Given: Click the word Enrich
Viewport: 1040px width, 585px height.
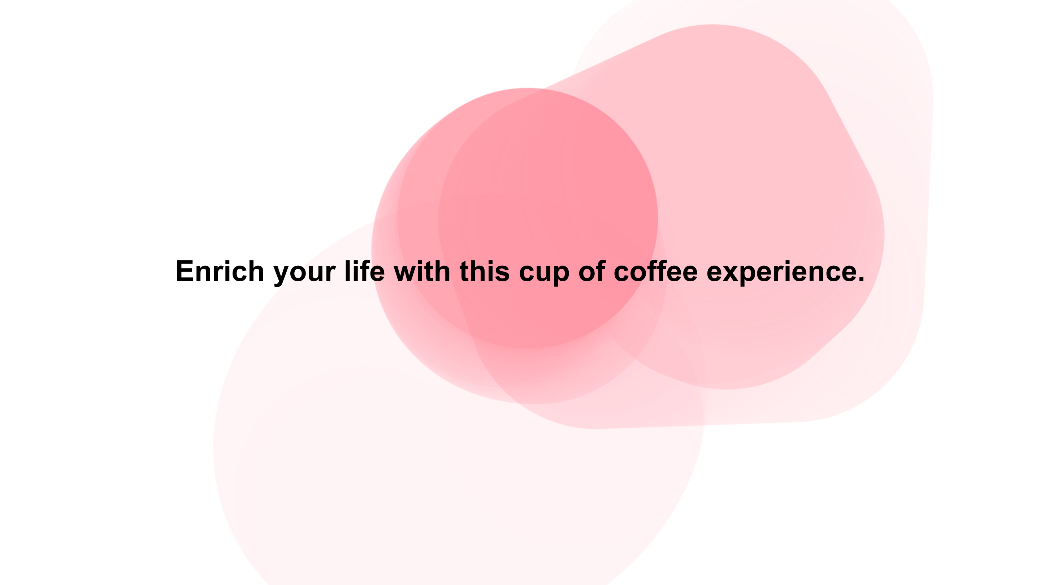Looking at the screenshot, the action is (220, 271).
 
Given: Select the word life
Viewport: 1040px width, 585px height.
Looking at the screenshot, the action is (365, 271).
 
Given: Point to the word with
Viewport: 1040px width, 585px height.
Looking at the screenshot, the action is (422, 271).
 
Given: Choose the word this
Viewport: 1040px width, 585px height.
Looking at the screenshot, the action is (485, 271).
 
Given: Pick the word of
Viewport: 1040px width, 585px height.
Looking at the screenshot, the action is (592, 271).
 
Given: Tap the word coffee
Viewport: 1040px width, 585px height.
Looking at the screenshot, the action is (656, 271).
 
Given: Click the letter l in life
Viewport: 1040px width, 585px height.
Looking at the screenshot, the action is (347, 271).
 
